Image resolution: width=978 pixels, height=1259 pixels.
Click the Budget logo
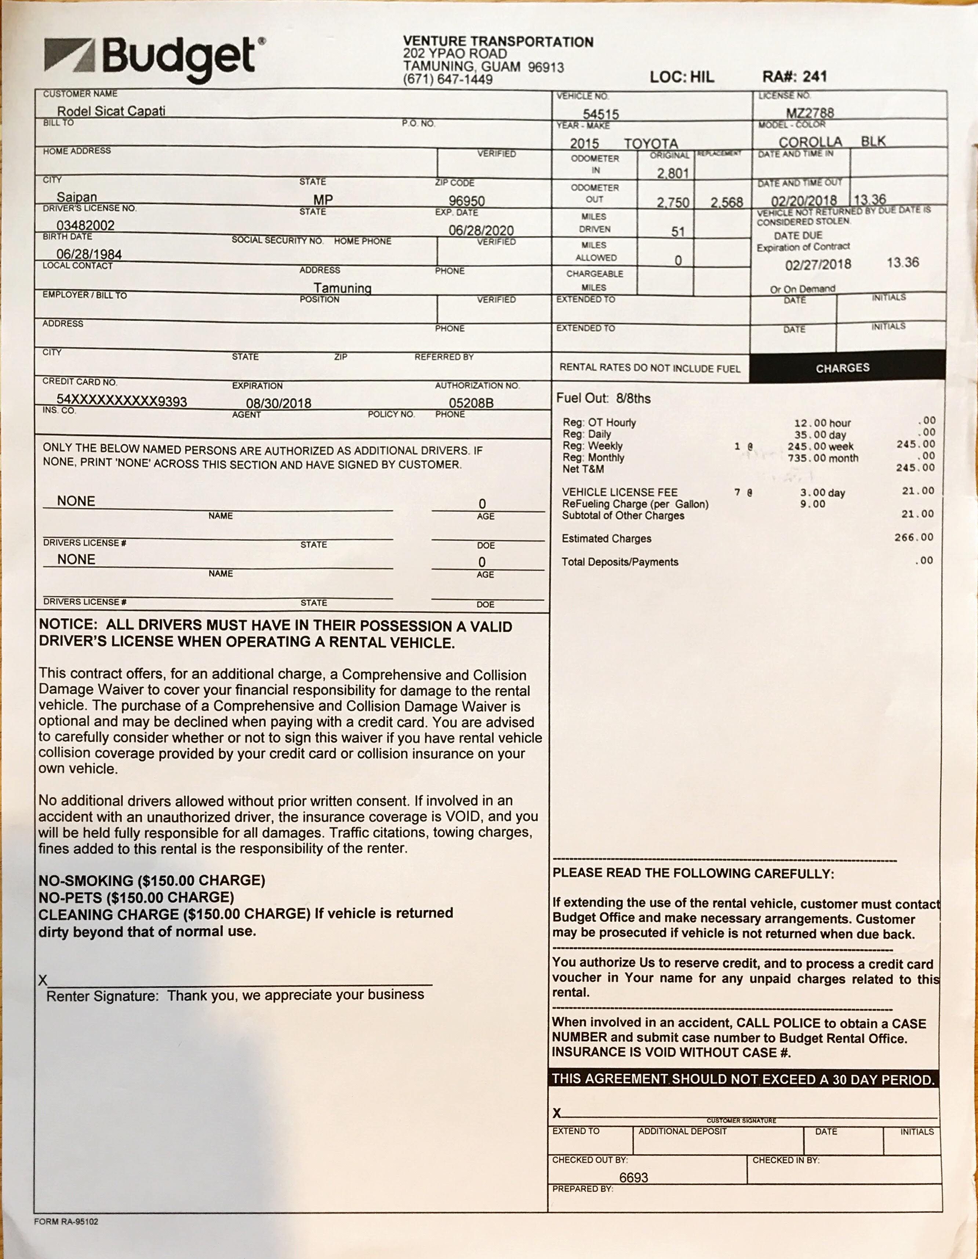coord(154,59)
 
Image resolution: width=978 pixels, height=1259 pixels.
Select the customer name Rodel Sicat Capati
coord(111,111)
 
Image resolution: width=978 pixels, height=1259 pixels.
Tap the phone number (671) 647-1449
coord(448,79)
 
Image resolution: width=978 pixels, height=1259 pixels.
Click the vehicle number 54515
coord(600,114)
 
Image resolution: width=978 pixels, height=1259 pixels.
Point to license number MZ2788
coord(810,112)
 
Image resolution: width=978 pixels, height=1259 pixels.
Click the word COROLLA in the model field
coord(810,142)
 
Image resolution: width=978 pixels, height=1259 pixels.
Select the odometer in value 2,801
coord(673,173)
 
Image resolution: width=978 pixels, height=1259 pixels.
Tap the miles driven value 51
coord(678,232)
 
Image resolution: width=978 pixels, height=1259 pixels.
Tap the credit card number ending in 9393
coord(121,401)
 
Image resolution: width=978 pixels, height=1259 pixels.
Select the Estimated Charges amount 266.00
coord(913,537)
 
